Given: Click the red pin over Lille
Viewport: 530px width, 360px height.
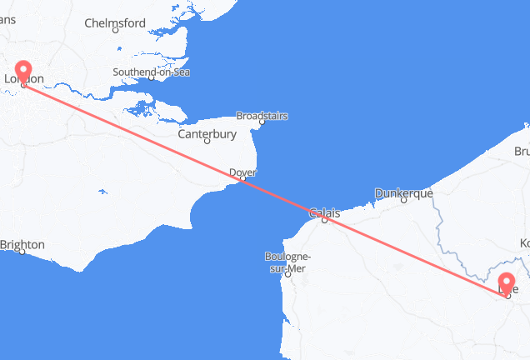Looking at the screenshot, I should pyautogui.click(x=507, y=282).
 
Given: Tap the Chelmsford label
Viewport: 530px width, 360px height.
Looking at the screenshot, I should pyautogui.click(x=116, y=24).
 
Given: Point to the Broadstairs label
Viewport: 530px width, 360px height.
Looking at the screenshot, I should pyautogui.click(x=262, y=116).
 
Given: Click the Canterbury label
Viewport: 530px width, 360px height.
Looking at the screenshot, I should pyautogui.click(x=207, y=133).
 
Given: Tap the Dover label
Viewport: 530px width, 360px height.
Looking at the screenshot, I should pyautogui.click(x=242, y=172).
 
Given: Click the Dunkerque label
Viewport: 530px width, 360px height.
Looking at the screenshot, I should pyautogui.click(x=404, y=192).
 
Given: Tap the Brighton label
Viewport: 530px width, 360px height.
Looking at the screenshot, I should pyautogui.click(x=22, y=245).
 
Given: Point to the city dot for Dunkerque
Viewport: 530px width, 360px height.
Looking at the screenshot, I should pyautogui.click(x=404, y=200).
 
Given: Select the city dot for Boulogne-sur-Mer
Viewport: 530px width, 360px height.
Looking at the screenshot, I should pyautogui.click(x=288, y=273).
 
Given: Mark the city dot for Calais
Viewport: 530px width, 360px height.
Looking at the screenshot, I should pyautogui.click(x=325, y=220).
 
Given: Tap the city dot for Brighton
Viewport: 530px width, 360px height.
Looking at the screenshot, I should pyautogui.click(x=22, y=252).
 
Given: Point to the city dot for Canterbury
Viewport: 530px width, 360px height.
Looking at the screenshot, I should pyautogui.click(x=207, y=142).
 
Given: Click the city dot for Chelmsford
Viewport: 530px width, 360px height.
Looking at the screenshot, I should pyautogui.click(x=116, y=32).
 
